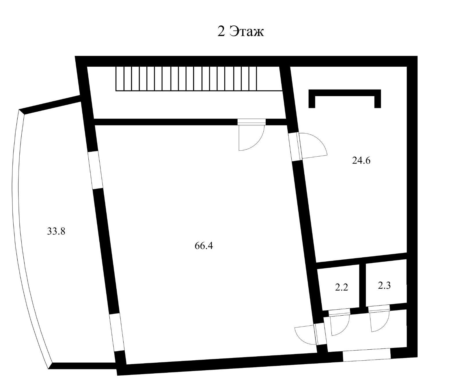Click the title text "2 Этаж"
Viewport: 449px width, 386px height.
(x=241, y=31)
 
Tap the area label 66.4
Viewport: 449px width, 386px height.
(x=204, y=246)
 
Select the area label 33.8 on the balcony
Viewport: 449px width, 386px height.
(x=56, y=231)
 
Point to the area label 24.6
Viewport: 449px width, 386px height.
(x=361, y=160)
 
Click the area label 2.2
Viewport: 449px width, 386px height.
(x=341, y=288)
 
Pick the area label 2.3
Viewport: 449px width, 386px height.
(x=384, y=286)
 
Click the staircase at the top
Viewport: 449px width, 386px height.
(x=186, y=78)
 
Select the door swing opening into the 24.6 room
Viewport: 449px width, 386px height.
(x=313, y=146)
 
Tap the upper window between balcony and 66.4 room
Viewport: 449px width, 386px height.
(x=96, y=170)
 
